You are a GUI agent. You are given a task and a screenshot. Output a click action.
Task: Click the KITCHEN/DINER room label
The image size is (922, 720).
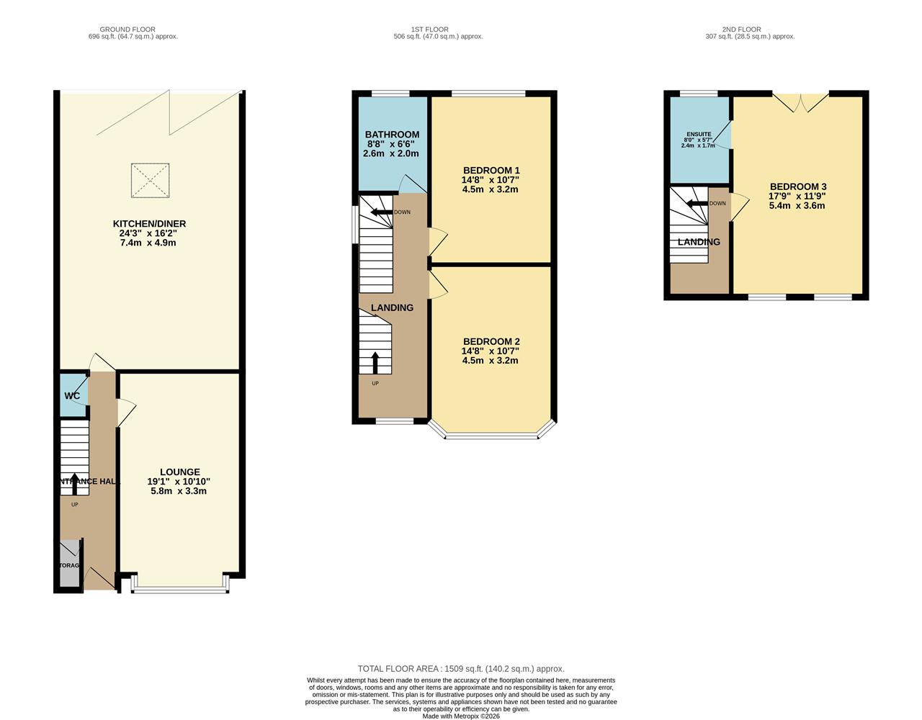tap(149, 224)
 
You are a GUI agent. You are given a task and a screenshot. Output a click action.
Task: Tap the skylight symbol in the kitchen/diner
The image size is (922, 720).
tap(150, 180)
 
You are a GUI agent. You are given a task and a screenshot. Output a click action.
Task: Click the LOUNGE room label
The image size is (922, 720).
tap(179, 472)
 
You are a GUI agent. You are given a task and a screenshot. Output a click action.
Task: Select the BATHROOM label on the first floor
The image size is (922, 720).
tap(392, 135)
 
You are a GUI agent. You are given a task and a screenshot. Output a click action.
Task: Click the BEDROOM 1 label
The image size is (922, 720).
tap(491, 171)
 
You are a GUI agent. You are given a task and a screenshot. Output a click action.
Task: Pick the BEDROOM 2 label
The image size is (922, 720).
tap(491, 341)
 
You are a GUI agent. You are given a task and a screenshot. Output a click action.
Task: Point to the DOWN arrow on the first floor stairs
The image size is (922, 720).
tap(379, 212)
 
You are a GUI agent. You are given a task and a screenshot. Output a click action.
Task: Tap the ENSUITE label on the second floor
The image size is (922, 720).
tap(699, 134)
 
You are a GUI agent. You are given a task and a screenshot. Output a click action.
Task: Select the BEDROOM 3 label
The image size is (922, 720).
tap(797, 186)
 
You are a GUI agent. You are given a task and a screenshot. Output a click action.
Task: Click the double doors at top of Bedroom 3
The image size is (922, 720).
tap(802, 104)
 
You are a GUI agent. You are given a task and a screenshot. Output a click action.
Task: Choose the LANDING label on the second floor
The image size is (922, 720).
tap(699, 242)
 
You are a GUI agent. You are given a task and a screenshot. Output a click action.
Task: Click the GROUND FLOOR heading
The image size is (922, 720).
tap(127, 30)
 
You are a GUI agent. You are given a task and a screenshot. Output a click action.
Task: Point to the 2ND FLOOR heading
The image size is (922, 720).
tap(741, 30)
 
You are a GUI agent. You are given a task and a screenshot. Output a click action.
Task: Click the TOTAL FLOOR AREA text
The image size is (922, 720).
tap(461, 669)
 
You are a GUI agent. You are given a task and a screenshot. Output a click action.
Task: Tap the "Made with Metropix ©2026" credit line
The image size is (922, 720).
tap(461, 716)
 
